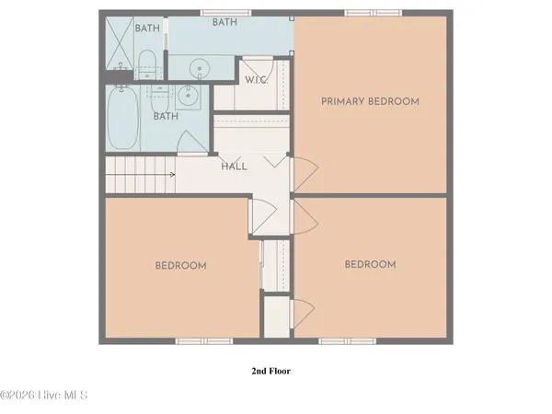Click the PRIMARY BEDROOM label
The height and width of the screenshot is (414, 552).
[370, 101]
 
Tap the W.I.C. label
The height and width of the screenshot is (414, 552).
[256, 80]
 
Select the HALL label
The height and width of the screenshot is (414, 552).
[234, 167]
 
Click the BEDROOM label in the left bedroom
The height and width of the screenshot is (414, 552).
[180, 266]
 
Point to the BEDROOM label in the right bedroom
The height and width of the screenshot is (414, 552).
[370, 265]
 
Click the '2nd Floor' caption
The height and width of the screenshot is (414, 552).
[271, 372]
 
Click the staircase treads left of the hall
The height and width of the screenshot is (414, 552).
[133, 174]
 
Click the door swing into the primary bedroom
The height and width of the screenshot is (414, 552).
[306, 172]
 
